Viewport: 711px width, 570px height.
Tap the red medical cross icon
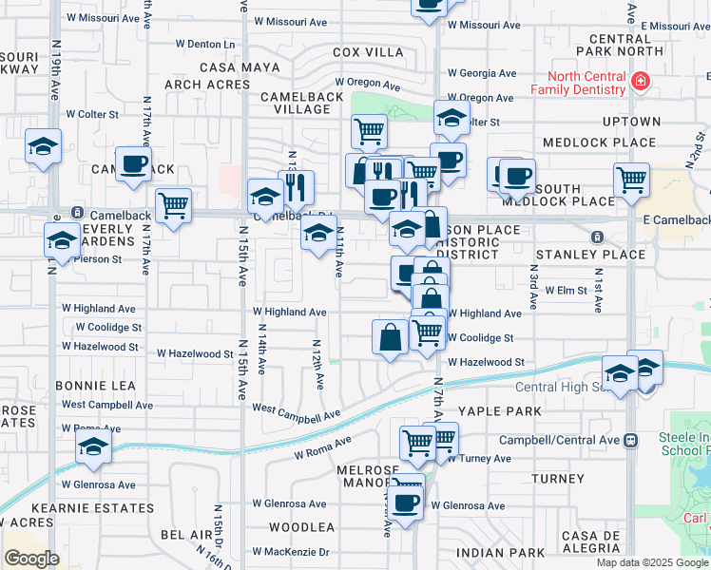pyautogui.click(x=641, y=82)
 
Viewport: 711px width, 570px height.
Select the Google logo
pyautogui.click(x=32, y=558)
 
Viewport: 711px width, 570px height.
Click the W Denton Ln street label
pyautogui.click(x=206, y=44)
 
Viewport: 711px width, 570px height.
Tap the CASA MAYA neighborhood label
pyautogui.click(x=240, y=67)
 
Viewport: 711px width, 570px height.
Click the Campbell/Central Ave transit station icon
pyautogui.click(x=629, y=441)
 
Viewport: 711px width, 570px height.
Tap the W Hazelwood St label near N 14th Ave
pyautogui.click(x=195, y=353)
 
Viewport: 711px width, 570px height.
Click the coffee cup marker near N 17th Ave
pyautogui.click(x=134, y=163)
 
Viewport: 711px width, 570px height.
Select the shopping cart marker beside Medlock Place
pyautogui.click(x=631, y=178)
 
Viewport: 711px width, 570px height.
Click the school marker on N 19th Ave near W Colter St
pyautogui.click(x=43, y=146)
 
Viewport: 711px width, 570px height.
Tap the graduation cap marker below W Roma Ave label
pyautogui.click(x=93, y=446)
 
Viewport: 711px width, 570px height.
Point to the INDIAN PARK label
pyautogui.click(x=500, y=552)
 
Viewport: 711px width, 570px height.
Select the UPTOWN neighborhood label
pyautogui.click(x=630, y=122)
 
